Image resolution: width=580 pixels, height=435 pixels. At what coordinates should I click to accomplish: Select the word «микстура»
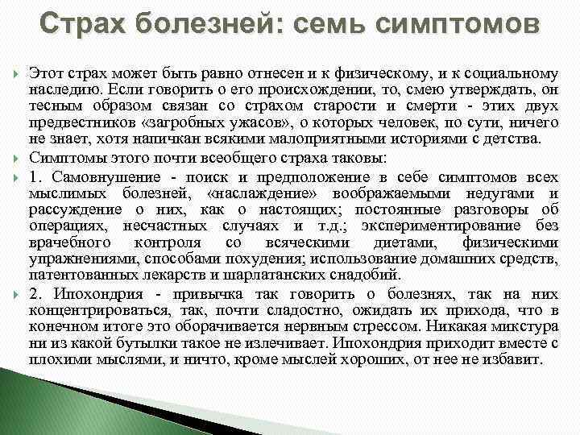coord(523,325)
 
